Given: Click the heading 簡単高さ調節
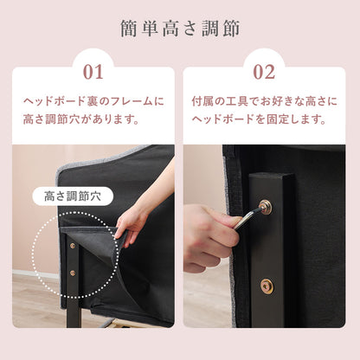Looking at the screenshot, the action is (x=180, y=29).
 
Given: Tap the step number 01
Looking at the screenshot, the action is (x=93, y=72).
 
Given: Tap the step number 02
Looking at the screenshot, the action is (x=264, y=72).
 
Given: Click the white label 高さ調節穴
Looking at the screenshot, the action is (x=73, y=196).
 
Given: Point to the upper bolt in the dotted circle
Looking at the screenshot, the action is (x=73, y=246).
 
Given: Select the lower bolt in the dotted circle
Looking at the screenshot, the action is (x=73, y=273).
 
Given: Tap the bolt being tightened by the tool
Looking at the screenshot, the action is (x=265, y=205).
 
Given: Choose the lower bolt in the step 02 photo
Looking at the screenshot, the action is (x=267, y=286).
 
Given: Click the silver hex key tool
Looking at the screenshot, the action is (x=248, y=217).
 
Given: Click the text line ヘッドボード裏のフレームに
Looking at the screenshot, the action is (x=93, y=101).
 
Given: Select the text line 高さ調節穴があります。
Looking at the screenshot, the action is (x=81, y=119).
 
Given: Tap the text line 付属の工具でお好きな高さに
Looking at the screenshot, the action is (x=264, y=101).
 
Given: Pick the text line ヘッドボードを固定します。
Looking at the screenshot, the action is (x=259, y=119).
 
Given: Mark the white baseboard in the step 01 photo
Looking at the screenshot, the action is (x=35, y=273).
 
